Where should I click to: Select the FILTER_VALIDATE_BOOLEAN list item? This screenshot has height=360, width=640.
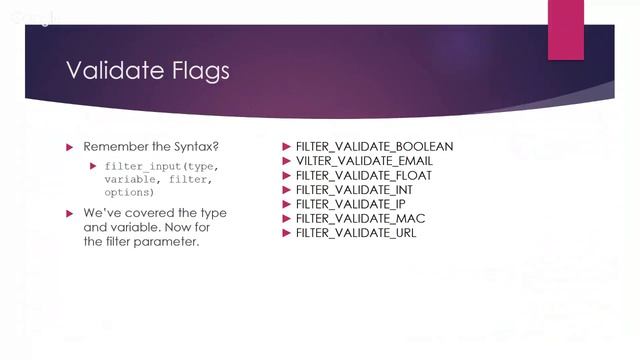374,146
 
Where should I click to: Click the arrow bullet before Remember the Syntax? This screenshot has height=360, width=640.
69,147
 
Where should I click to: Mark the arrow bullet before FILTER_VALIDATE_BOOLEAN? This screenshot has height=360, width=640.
286,146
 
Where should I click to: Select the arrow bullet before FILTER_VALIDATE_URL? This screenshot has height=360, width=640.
286,233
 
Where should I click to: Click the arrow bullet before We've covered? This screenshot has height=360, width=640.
69,213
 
